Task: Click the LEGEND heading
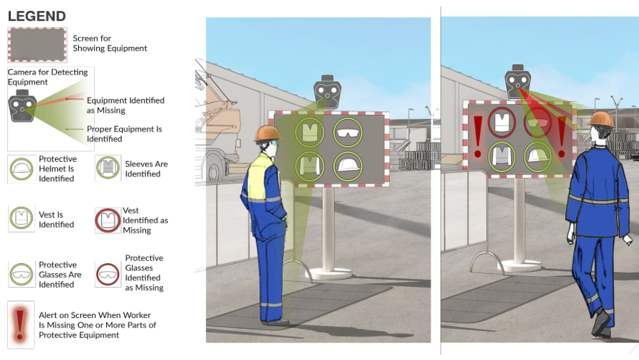[37, 16]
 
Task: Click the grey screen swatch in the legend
[37, 44]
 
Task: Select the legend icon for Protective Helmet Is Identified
[21, 169]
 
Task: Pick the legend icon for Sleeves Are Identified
[108, 169]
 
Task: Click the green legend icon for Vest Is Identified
[21, 219]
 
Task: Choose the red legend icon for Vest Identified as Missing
[108, 220]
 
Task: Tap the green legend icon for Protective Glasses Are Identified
[21, 275]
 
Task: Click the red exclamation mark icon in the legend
[21, 320]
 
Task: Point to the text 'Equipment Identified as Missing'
[125, 105]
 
